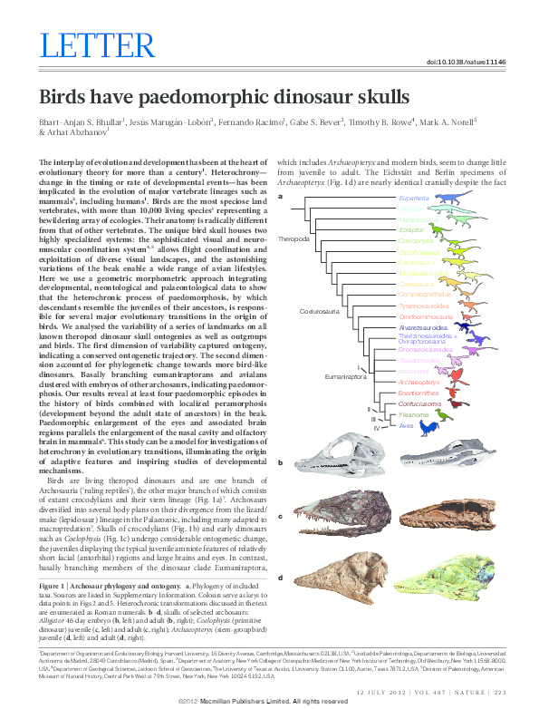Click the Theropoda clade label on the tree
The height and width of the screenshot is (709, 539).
click(x=294, y=239)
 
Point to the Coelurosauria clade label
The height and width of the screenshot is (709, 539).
click(x=319, y=311)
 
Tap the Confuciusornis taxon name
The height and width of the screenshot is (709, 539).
click(x=419, y=403)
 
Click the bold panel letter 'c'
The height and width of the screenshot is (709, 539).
click(x=281, y=517)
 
